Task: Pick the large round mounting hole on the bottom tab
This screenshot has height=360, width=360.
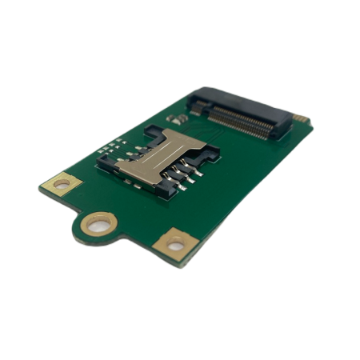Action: [x=98, y=225]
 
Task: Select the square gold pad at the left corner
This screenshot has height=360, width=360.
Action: [x=61, y=183]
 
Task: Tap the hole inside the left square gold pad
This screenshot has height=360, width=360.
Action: [x=61, y=184]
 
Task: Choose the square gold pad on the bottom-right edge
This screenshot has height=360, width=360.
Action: [x=174, y=242]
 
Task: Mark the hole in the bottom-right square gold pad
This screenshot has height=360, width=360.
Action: [x=174, y=243]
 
